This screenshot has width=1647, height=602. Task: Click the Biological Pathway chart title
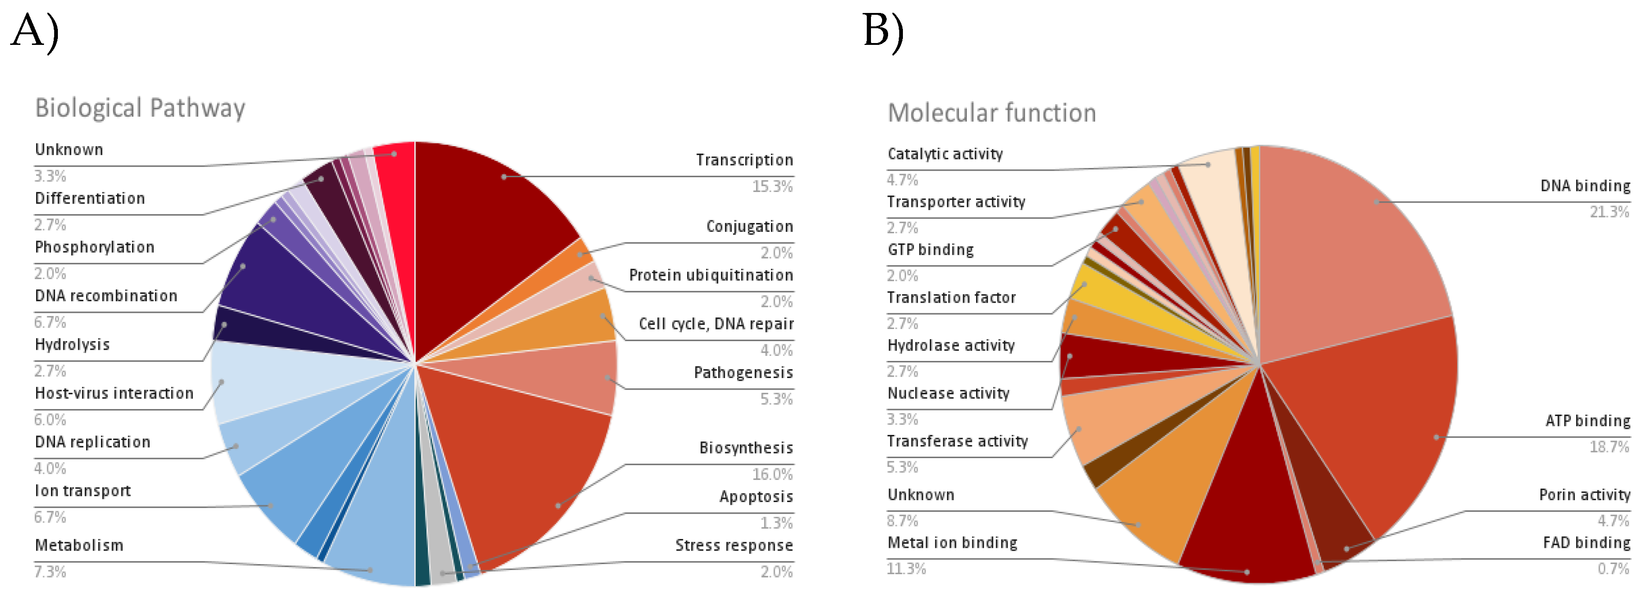tap(140, 108)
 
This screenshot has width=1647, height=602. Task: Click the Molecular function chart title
tap(992, 113)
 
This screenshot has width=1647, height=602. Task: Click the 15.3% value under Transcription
tap(772, 186)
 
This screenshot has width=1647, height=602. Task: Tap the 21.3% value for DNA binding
tap(1609, 211)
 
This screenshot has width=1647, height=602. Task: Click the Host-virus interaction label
tap(114, 393)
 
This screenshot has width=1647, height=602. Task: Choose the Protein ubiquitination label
tap(710, 275)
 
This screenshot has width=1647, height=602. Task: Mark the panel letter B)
tap(883, 31)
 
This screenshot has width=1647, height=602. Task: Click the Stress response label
tap(733, 545)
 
